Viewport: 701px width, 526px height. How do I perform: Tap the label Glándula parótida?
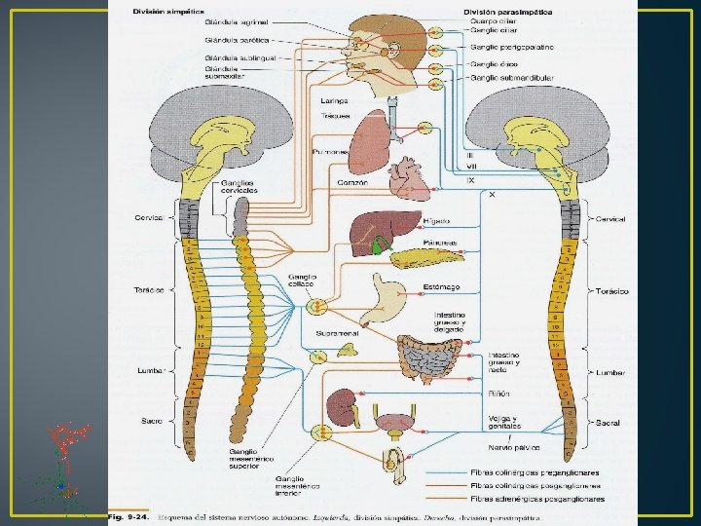(x=230, y=40)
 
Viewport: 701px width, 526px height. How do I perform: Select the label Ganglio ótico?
(x=498, y=63)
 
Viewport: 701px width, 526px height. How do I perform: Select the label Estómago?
(x=440, y=286)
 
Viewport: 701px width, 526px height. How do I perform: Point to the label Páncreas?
(x=439, y=243)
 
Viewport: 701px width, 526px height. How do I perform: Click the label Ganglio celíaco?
(x=302, y=281)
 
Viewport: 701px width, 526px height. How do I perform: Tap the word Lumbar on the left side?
(x=152, y=371)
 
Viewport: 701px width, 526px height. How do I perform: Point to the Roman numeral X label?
(x=492, y=194)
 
